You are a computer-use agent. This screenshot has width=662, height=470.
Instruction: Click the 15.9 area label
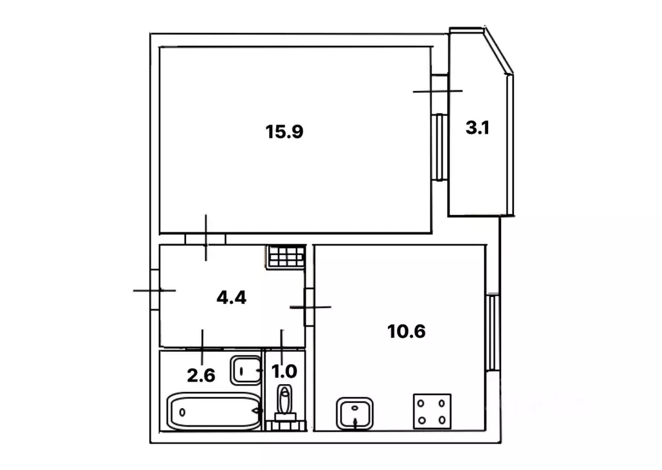[284, 132]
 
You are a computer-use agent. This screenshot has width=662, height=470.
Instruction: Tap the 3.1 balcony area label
[478, 128]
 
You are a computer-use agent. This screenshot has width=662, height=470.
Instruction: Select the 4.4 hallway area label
[231, 298]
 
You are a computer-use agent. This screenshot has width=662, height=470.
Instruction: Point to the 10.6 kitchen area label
[406, 331]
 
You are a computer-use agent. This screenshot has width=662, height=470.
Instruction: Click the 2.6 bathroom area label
[201, 375]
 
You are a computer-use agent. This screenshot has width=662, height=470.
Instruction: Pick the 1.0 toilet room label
[284, 371]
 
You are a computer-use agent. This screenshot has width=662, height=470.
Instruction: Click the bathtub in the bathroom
[215, 411]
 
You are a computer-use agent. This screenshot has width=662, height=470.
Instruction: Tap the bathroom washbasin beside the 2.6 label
[246, 371]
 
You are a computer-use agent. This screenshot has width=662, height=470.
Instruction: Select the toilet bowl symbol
[285, 404]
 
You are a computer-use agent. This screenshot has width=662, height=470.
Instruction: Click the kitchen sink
[355, 413]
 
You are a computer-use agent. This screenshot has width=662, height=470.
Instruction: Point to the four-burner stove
[432, 411]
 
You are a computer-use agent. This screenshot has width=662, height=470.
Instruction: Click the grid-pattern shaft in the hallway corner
[286, 256]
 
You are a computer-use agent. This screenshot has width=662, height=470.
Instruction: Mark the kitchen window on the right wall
[492, 332]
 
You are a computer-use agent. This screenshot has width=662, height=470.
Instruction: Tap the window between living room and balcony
[440, 147]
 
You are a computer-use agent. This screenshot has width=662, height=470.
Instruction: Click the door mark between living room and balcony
[438, 90]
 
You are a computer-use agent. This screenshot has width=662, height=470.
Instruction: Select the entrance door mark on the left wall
[155, 291]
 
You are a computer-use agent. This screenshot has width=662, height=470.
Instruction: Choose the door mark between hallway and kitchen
[310, 307]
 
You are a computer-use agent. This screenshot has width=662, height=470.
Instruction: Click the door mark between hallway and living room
[206, 238]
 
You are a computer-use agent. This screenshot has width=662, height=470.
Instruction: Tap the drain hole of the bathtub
[182, 412]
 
